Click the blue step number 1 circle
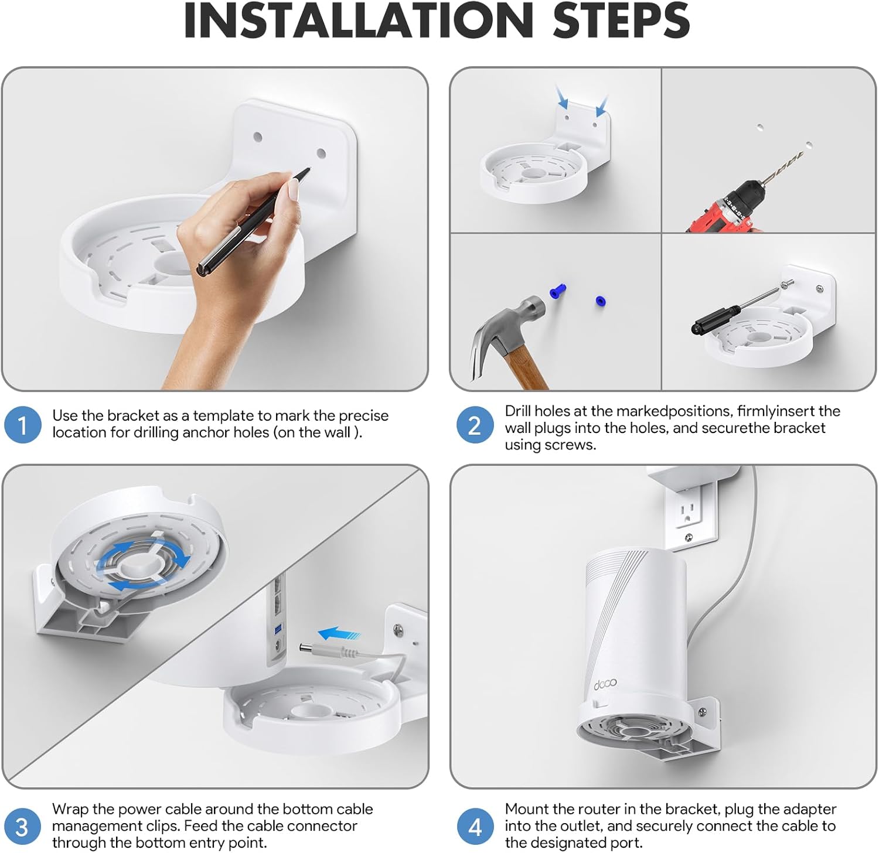(x=22, y=425)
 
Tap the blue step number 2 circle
(x=475, y=425)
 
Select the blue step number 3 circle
(x=22, y=827)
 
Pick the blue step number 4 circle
(x=475, y=827)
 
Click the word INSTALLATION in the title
(x=358, y=21)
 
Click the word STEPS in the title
(x=621, y=21)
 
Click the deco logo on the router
(x=605, y=683)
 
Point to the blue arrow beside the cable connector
(x=339, y=633)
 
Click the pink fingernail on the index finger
(x=293, y=189)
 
